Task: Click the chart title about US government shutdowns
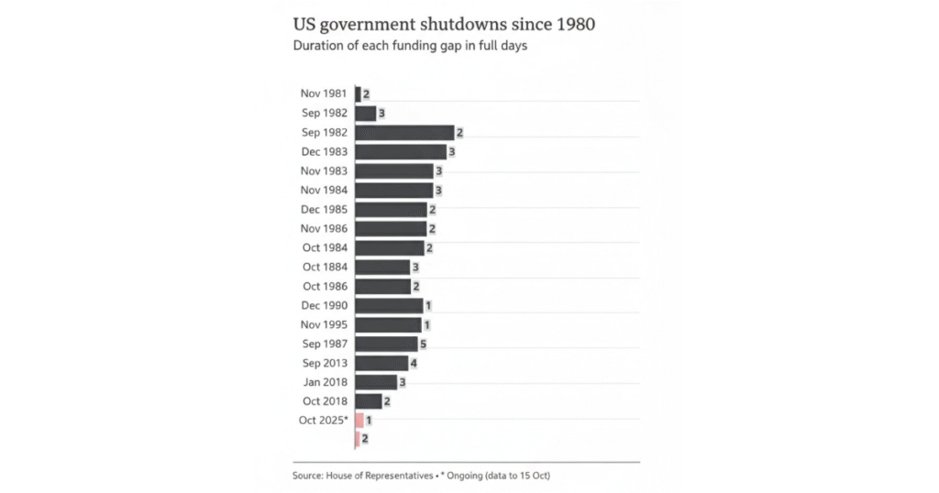[443, 25]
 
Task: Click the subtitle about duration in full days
[409, 46]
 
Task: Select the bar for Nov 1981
[358, 93]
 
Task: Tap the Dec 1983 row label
[325, 151]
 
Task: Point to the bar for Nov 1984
[393, 190]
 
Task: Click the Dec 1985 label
[325, 209]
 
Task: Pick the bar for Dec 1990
[389, 305]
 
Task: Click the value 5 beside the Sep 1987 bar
[424, 344]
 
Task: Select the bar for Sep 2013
[381, 363]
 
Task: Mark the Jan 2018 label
[325, 382]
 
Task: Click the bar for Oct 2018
[369, 401]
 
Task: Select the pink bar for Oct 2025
[359, 421]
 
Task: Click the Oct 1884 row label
[325, 267]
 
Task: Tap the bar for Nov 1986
[391, 228]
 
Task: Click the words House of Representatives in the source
[382, 476]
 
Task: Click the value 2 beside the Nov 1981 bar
[366, 93]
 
